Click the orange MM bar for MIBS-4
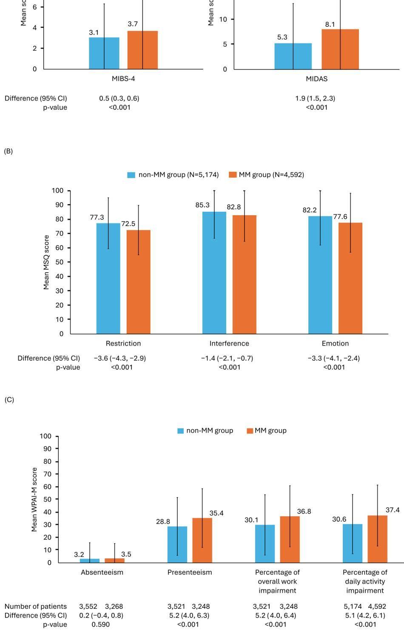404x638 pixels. click(x=142, y=50)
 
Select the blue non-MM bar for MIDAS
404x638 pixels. click(x=293, y=56)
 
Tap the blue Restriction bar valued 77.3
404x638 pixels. click(x=108, y=278)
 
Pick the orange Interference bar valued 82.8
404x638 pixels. click(x=244, y=274)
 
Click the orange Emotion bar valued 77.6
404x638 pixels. click(x=350, y=278)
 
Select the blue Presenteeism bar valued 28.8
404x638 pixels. click(x=177, y=544)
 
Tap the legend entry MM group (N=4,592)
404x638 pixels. click(x=266, y=175)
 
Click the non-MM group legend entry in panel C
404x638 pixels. click(x=205, y=431)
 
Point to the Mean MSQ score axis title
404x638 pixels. click(x=46, y=262)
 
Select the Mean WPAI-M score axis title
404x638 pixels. click(x=34, y=499)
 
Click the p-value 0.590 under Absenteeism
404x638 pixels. click(x=100, y=624)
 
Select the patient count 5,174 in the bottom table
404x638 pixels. click(x=353, y=606)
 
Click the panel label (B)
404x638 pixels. click(x=9, y=151)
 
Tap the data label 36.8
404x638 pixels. click(x=304, y=511)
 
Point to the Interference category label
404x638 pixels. click(x=229, y=343)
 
